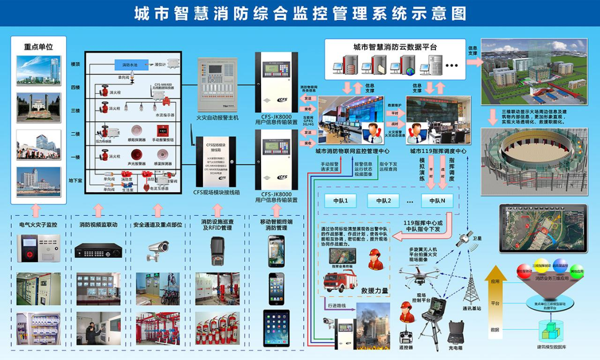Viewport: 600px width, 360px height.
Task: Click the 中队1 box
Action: tap(340, 201)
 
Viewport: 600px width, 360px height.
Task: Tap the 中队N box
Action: tap(437, 201)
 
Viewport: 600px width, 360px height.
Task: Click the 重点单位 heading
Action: tap(38, 46)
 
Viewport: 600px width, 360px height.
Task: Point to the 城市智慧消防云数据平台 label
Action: tap(395, 47)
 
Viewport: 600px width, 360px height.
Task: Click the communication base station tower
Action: tap(471, 290)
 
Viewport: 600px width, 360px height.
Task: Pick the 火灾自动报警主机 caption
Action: tap(217, 117)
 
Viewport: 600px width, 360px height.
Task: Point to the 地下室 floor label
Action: tap(76, 181)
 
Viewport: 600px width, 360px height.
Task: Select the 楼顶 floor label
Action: tap(76, 64)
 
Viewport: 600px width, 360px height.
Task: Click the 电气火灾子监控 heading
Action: tap(38, 225)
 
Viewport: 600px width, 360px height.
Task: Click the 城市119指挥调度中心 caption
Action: tap(438, 151)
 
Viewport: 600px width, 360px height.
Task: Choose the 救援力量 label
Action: tap(374, 291)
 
